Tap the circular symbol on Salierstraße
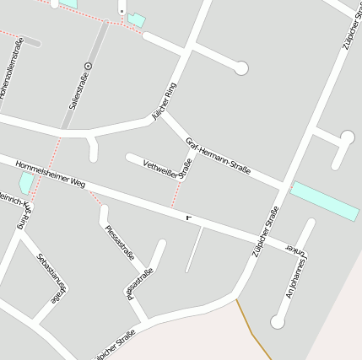89,64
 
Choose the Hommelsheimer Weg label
51,173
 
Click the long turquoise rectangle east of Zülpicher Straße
325,201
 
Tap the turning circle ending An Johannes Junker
278,321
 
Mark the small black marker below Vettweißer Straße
189,218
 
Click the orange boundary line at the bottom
252,332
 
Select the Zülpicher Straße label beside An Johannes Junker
266,232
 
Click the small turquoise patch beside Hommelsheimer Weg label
27,182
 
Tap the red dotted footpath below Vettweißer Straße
176,195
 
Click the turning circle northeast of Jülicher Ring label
241,68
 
